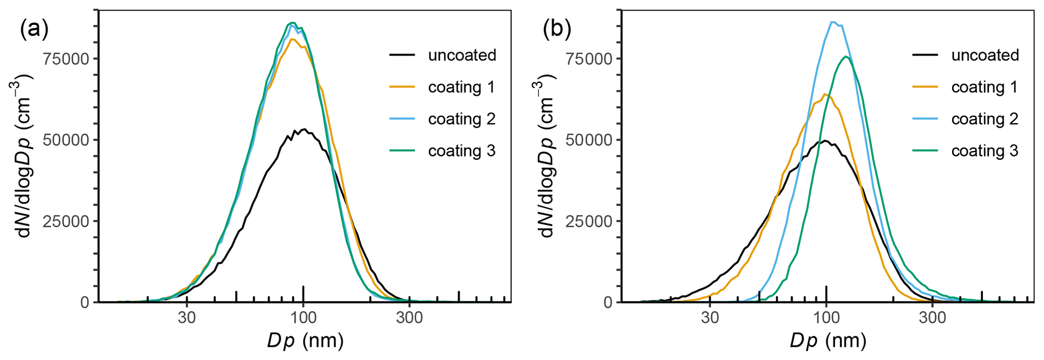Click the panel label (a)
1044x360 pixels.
pos(34,30)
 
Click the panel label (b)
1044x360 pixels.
pos(557,30)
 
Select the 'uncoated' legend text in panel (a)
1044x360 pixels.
pos(462,55)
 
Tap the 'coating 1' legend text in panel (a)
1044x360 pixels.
pos(462,87)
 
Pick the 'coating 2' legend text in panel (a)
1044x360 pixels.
pos(462,119)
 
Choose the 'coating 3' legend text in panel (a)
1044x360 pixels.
pos(462,151)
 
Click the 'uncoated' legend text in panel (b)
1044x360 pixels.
pos(985,55)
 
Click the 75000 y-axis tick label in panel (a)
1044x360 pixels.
pos(66,59)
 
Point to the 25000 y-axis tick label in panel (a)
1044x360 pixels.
pos(66,221)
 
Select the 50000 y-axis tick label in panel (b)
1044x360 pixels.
pos(589,140)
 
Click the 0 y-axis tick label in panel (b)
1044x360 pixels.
pos(607,302)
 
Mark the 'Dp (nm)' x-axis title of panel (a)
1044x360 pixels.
pos(305,341)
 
